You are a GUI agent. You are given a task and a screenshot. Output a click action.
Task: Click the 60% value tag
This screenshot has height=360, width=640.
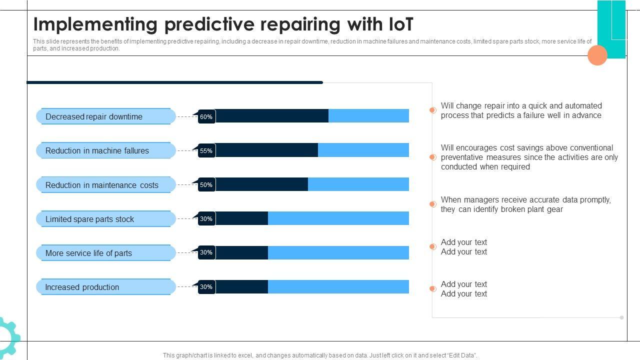pyautogui.click(x=206, y=116)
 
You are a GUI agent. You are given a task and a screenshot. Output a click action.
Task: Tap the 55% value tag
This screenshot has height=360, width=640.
pyautogui.click(x=206, y=150)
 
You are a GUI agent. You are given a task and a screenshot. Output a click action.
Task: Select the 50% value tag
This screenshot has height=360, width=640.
pyautogui.click(x=206, y=184)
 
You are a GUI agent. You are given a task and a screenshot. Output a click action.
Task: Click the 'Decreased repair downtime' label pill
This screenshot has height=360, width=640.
pyautogui.click(x=105, y=116)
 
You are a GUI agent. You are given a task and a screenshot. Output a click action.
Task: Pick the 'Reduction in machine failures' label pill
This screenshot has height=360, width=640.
pyautogui.click(x=105, y=150)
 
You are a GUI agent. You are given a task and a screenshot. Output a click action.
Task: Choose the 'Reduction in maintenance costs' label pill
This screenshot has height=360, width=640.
pyautogui.click(x=105, y=185)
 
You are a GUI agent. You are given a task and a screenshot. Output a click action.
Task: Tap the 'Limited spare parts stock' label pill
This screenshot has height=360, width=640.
pyautogui.click(x=105, y=219)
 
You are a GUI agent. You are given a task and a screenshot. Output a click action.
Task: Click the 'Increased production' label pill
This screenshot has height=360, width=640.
pyautogui.click(x=105, y=287)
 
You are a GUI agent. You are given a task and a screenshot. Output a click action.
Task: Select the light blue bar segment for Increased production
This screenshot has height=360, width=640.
pyautogui.click(x=338, y=286)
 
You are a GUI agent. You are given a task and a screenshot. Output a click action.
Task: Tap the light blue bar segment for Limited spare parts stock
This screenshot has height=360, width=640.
pyautogui.click(x=338, y=218)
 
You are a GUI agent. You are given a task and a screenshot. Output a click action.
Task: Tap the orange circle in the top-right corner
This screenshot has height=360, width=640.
pyautogui.click(x=597, y=55)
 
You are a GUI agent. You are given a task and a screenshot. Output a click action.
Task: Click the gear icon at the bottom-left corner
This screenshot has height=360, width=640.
pyautogui.click(x=8, y=337)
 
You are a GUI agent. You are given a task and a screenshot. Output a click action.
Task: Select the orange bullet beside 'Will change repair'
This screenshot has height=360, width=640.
pyautogui.click(x=433, y=110)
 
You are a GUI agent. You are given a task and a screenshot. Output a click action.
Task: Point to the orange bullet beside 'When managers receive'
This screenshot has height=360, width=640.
pyautogui.click(x=433, y=204)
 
